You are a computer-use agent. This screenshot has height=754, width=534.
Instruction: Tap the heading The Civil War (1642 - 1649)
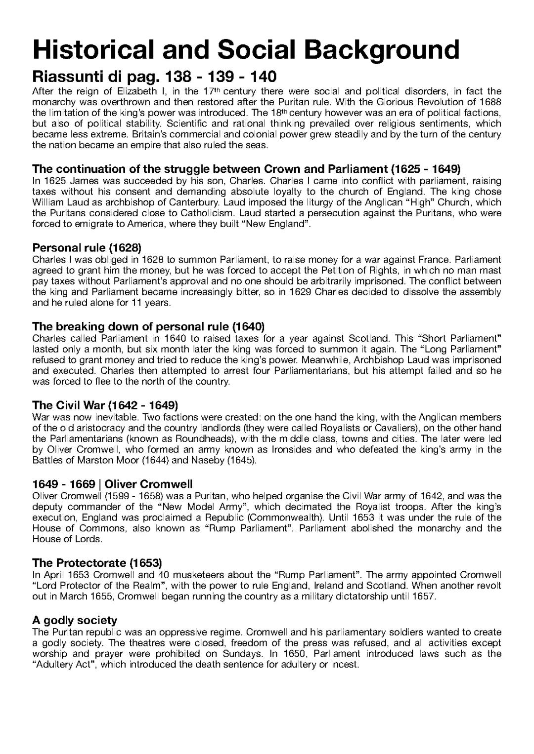tap(105, 405)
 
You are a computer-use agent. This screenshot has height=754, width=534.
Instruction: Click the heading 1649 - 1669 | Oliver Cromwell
tap(112, 484)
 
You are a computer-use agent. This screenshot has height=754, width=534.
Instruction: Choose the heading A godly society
tap(75, 620)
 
